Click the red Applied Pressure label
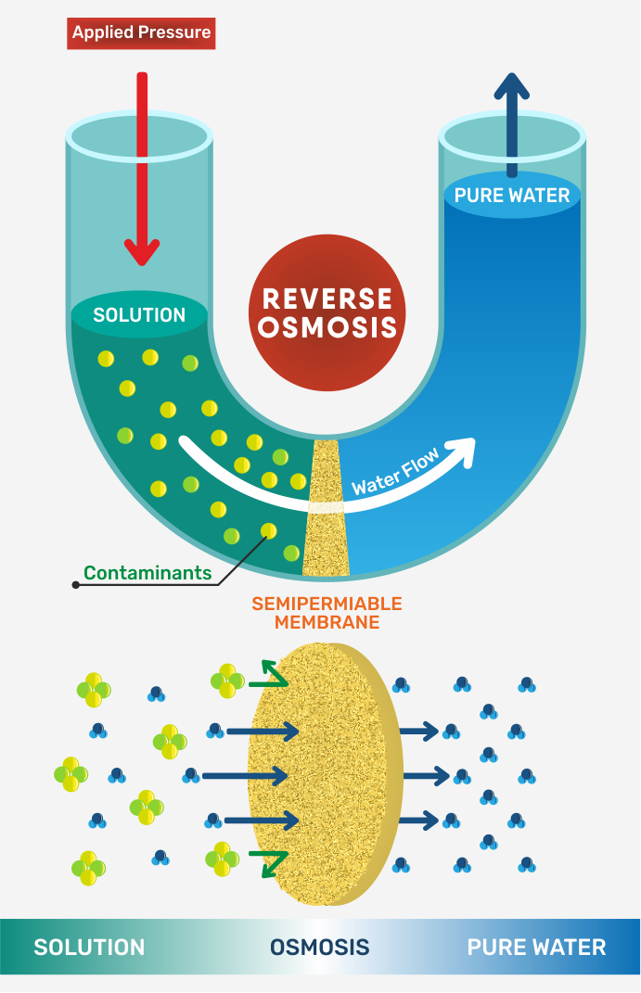pyautogui.click(x=141, y=33)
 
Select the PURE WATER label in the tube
pyautogui.click(x=512, y=196)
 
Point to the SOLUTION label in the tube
pyautogui.click(x=139, y=314)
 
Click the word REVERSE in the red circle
pyautogui.click(x=327, y=299)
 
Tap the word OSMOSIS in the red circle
pyautogui.click(x=327, y=327)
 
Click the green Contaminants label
pyautogui.click(x=147, y=573)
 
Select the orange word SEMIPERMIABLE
pyautogui.click(x=327, y=604)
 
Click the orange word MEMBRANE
pyautogui.click(x=327, y=623)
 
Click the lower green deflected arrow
pyautogui.click(x=275, y=864)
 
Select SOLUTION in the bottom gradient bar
pyautogui.click(x=89, y=947)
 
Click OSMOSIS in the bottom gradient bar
pyautogui.click(x=320, y=947)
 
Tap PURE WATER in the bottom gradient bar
pyautogui.click(x=536, y=947)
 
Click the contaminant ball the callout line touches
pyautogui.click(x=269, y=530)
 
